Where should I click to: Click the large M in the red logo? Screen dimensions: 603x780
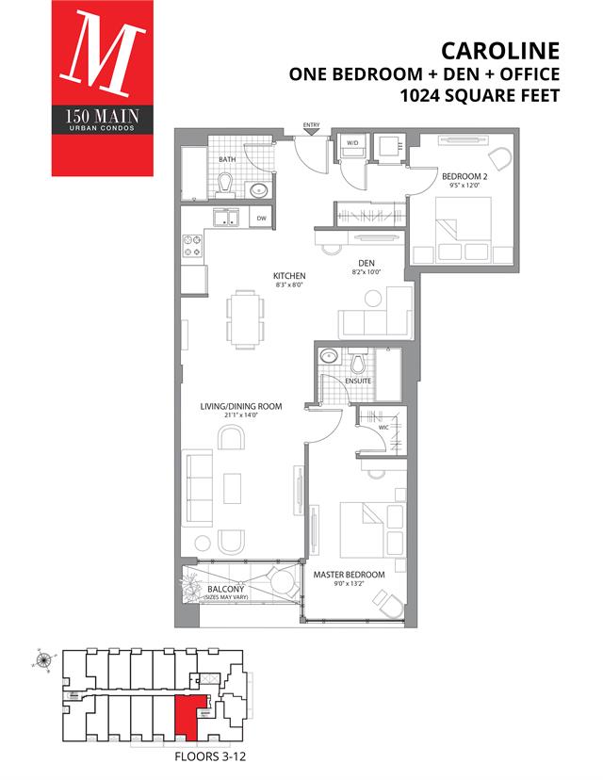[x=103, y=54]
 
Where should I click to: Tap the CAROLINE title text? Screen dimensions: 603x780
[x=500, y=51]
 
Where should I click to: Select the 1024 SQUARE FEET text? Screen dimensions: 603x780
[x=481, y=95]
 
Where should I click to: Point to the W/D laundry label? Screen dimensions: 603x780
[x=352, y=143]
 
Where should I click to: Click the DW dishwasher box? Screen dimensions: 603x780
[x=262, y=218]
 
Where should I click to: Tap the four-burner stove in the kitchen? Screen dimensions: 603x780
[x=192, y=246]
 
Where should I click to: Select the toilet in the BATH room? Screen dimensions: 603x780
[x=226, y=185]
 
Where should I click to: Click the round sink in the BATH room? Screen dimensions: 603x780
[x=259, y=190]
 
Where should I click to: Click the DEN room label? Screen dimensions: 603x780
[x=367, y=263]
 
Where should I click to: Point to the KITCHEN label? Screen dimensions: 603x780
[x=289, y=276]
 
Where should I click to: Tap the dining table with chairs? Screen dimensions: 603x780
[x=245, y=318]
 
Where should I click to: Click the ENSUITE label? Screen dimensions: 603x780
[x=358, y=381]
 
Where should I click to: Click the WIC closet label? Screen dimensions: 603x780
[x=383, y=427]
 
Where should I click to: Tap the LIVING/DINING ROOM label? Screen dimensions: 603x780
[x=241, y=406]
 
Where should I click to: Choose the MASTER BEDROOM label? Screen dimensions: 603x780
[x=349, y=575]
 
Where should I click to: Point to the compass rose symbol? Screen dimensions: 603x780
[x=43, y=660]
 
